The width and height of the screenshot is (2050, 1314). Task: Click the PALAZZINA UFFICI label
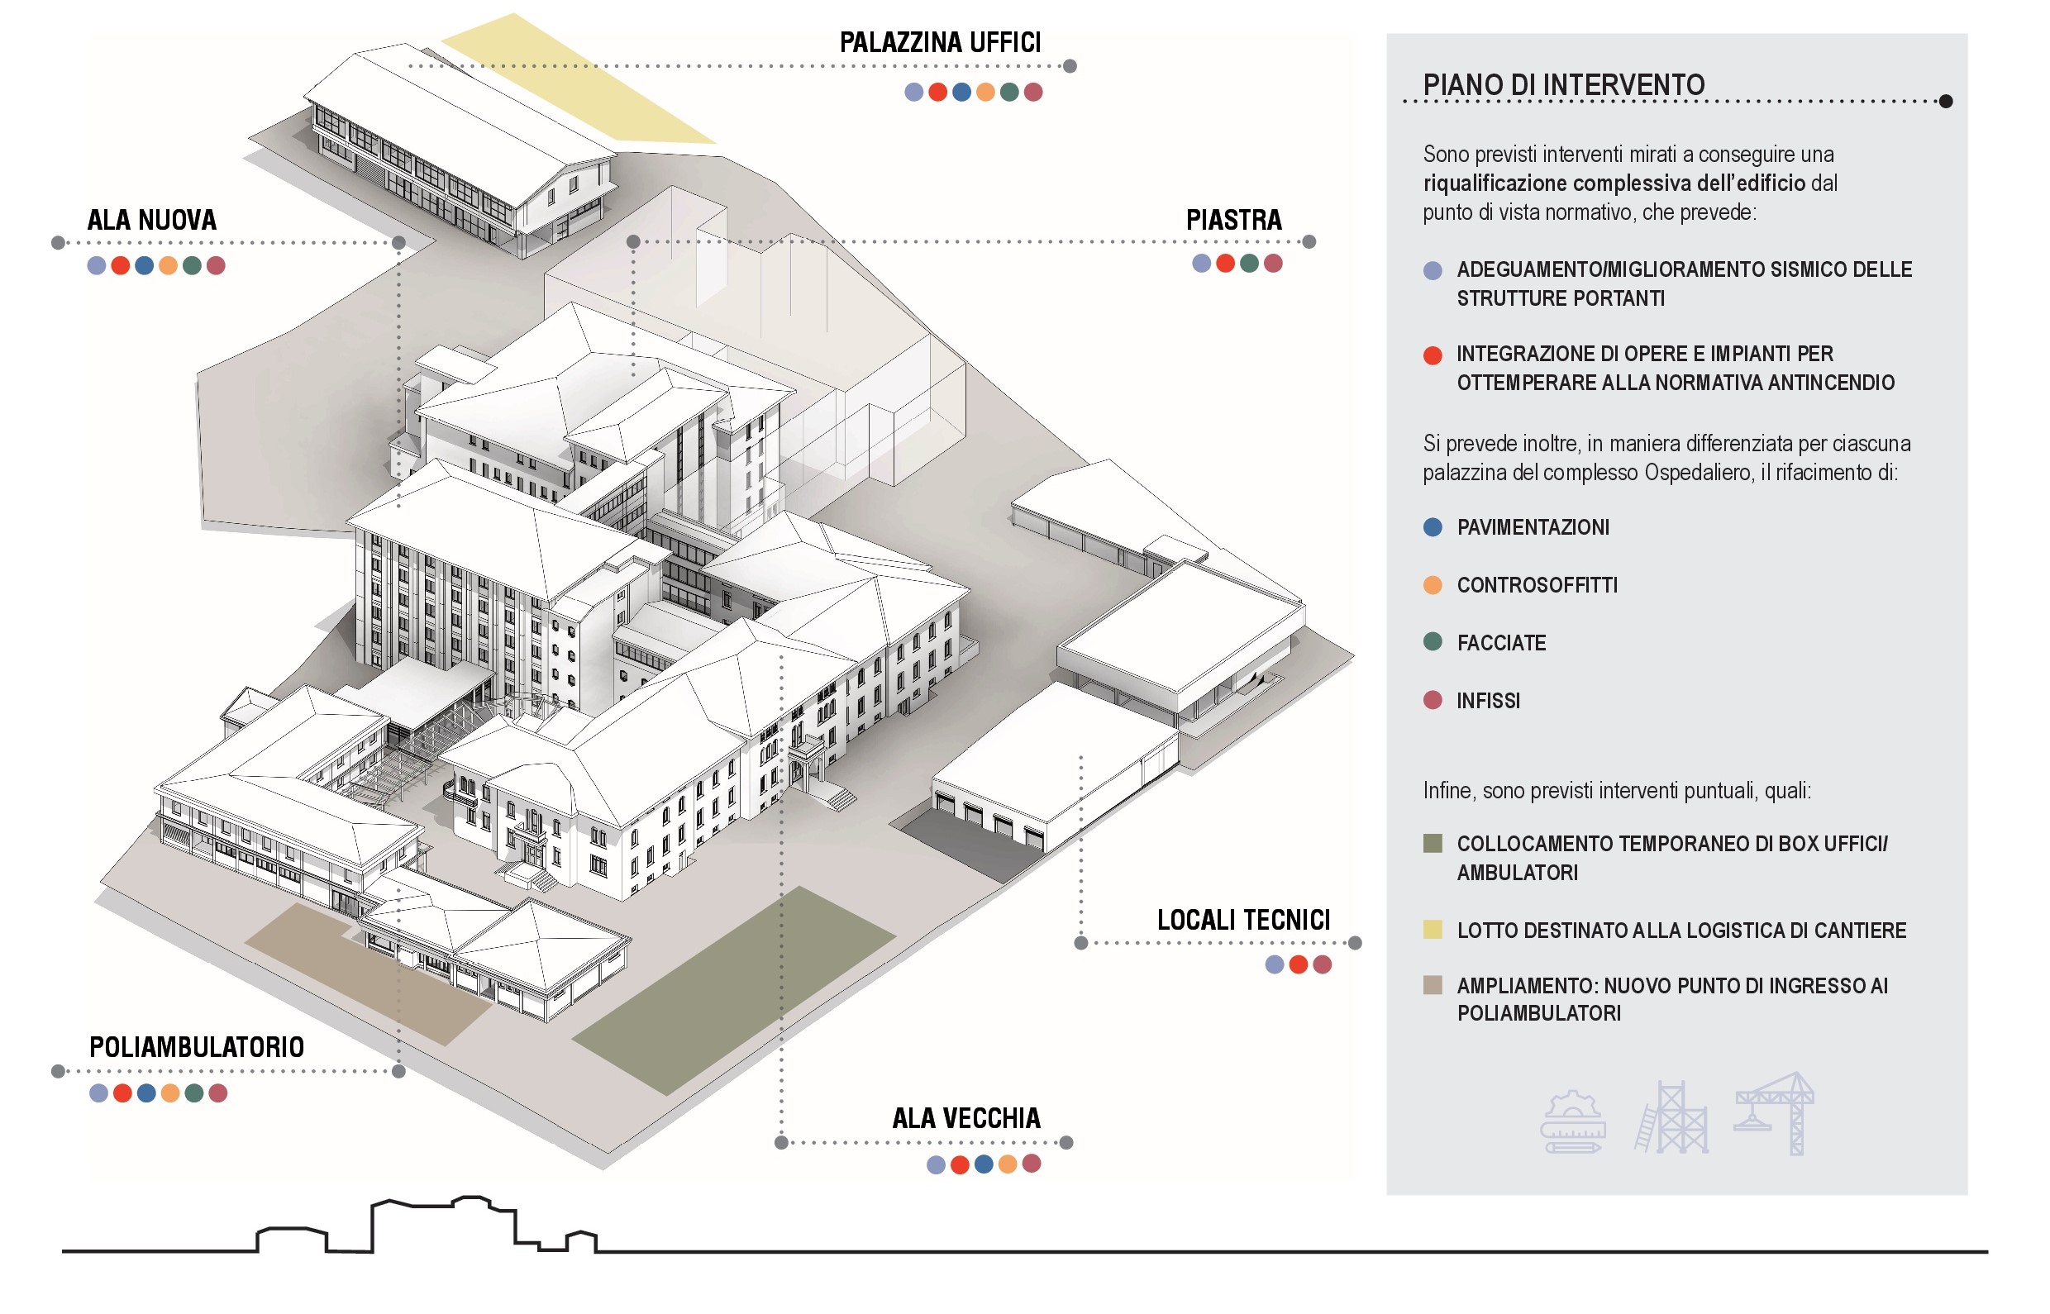point(940,42)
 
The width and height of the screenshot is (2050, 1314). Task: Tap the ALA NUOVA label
point(152,220)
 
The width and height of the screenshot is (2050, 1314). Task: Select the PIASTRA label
point(1233,220)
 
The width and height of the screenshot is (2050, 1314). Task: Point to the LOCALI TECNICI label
point(1243,920)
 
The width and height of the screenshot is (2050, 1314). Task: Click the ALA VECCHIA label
point(966,1118)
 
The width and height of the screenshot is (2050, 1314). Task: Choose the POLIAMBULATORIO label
point(196,1047)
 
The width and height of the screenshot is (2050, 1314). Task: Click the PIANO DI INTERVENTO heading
point(1563,84)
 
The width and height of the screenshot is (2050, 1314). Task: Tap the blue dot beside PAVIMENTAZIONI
point(1433,527)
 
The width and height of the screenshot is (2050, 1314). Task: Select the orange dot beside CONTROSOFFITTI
point(1433,585)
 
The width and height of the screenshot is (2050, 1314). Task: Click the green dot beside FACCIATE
point(1433,641)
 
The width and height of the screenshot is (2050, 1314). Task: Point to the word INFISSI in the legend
point(1489,702)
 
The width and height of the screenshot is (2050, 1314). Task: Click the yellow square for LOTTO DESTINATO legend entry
point(1433,929)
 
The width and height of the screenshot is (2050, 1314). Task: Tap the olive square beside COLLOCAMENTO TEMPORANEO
point(1433,843)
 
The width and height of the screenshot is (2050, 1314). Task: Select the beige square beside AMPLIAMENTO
point(1433,984)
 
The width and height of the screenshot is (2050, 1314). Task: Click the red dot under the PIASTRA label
point(1226,264)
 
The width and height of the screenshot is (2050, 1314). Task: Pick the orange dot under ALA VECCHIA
point(1008,1164)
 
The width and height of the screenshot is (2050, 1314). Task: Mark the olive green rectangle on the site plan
point(734,990)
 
